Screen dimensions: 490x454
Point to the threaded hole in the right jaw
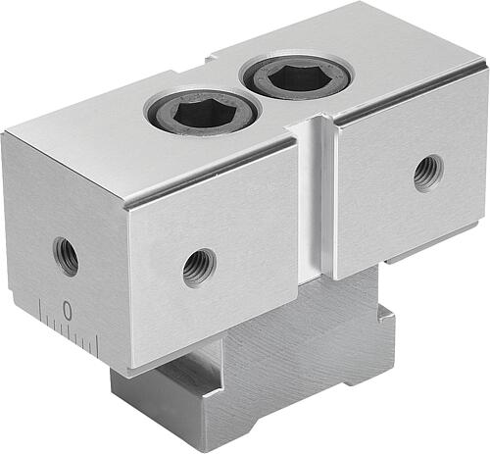428,174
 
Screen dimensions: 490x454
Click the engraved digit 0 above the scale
67,310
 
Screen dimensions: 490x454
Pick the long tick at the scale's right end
98,345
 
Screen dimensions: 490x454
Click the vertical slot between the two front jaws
317,199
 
